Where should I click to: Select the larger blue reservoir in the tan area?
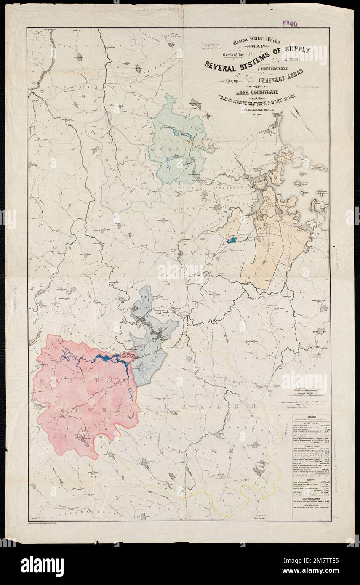pyautogui.click(x=230, y=241)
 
